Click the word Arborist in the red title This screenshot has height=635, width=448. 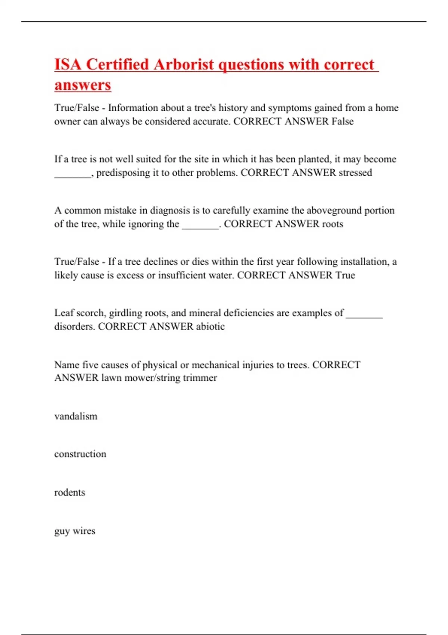click(183, 64)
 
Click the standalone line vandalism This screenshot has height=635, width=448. click(76, 416)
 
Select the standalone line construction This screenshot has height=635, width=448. click(80, 454)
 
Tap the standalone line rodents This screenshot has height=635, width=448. click(70, 492)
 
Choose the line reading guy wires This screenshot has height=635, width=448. click(75, 531)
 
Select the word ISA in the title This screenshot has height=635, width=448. click(68, 64)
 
